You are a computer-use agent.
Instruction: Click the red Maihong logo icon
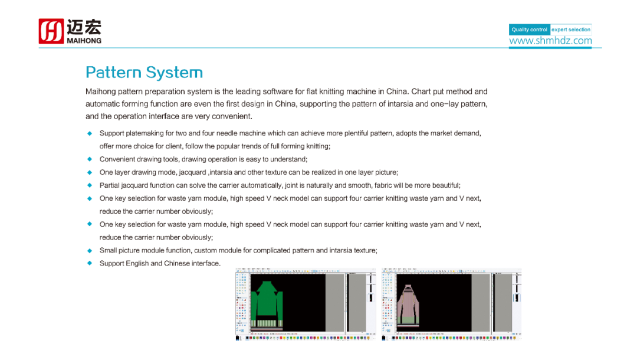51,31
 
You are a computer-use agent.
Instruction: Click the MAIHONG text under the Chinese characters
84,41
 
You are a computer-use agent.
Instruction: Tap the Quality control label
529,30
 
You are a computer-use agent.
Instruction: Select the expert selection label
570,30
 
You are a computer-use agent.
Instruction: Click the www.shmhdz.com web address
550,41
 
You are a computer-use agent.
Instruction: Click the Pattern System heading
144,73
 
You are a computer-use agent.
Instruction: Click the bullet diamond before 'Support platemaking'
90,133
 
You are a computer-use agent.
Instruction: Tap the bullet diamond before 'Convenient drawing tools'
90,159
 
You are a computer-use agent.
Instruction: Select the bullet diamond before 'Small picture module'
90,250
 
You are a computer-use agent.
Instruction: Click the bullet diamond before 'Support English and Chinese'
90,263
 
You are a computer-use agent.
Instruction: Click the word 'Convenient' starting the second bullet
117,159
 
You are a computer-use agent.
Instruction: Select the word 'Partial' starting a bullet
110,185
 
